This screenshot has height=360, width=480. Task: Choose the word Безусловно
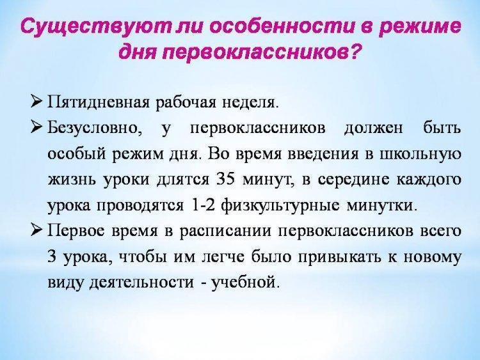94,128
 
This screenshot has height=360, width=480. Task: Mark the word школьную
420,154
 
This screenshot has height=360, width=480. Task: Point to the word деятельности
141,282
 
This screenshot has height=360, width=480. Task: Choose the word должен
374,129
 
